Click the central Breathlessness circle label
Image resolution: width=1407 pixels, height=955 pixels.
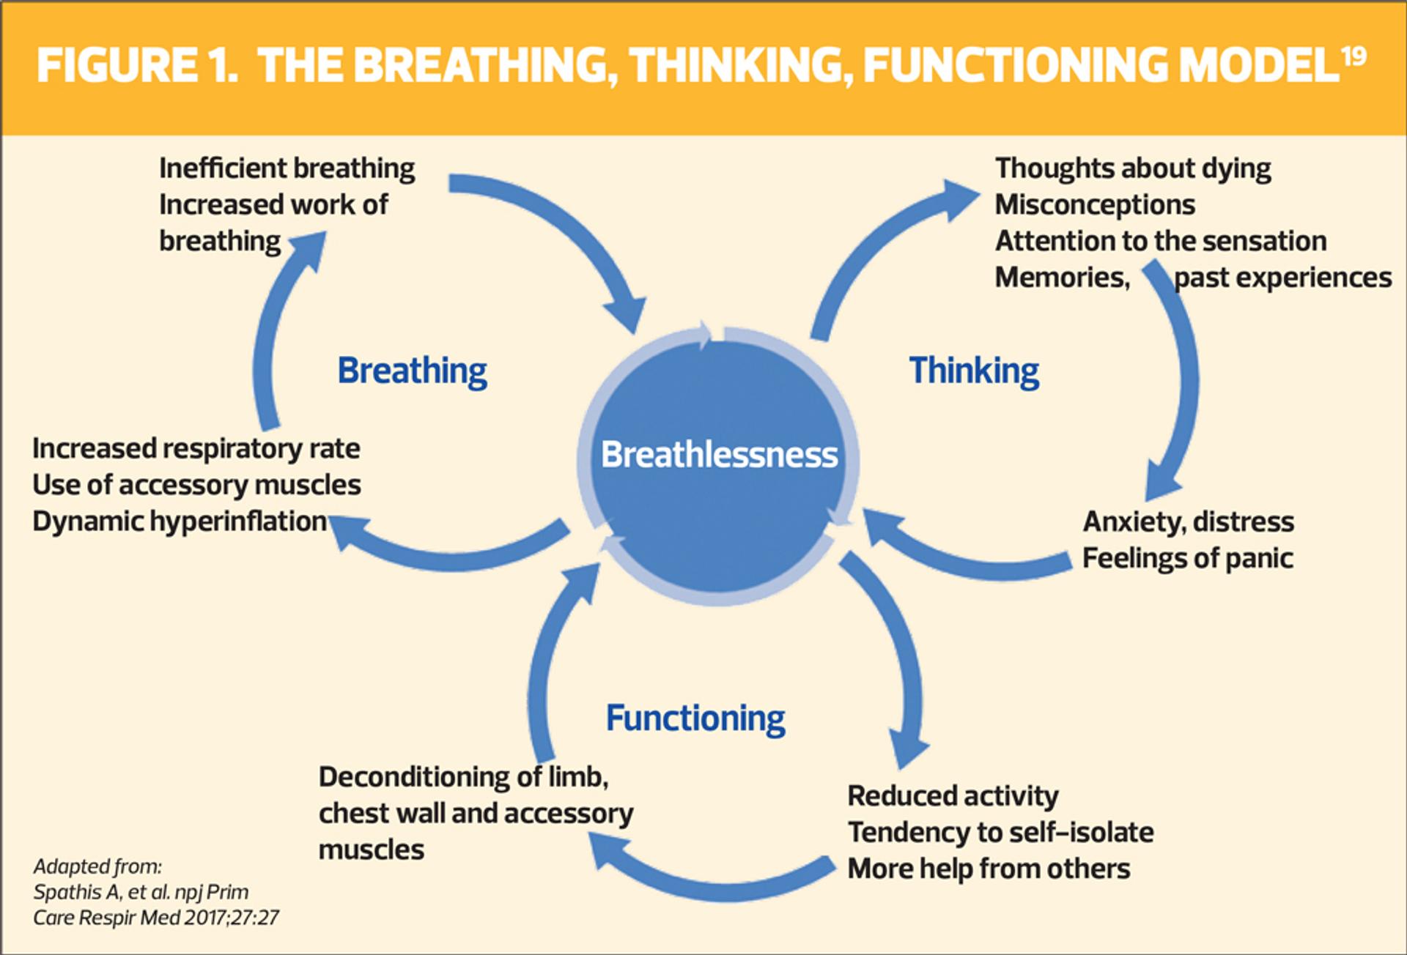point(719,455)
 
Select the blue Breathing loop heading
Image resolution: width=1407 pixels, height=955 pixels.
point(412,371)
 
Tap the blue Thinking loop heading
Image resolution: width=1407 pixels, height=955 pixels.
point(974,370)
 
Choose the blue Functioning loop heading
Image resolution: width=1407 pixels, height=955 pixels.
point(695,718)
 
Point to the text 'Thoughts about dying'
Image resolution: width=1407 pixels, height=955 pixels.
point(1133,168)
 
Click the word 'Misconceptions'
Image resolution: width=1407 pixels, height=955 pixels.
point(1095,204)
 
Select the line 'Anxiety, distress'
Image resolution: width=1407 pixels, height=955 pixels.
point(1188,521)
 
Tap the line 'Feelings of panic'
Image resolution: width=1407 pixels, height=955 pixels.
point(1187,558)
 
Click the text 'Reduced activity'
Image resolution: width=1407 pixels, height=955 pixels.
point(953,796)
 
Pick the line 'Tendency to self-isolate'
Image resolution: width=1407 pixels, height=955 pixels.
point(1000,833)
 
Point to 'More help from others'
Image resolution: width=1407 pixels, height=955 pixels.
point(989,869)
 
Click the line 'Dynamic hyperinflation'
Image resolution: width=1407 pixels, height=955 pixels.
point(180,521)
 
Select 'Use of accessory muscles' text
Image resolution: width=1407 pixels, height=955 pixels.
point(196,485)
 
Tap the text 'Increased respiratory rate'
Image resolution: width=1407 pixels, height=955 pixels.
point(196,448)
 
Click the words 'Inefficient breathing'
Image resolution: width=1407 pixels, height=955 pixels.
point(287,168)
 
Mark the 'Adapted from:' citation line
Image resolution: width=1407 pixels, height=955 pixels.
point(97,867)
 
